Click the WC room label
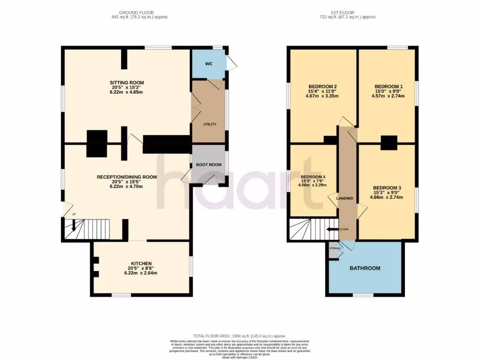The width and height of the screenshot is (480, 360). point(209,63)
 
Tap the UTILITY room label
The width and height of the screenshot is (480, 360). point(209,124)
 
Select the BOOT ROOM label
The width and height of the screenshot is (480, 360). point(209,165)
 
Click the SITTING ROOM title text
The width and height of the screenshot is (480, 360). point(127,82)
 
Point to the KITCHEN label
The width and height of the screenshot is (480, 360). point(141,263)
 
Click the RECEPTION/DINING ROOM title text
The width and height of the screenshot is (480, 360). point(127,177)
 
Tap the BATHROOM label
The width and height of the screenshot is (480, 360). point(365,268)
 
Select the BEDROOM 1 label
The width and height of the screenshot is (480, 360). point(388,87)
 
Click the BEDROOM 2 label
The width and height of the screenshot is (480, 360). point(323,86)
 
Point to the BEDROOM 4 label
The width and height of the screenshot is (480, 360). point(313,177)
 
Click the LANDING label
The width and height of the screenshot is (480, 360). point(345,198)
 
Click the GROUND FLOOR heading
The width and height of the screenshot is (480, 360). point(136,12)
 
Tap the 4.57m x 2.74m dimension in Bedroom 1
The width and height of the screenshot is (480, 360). point(388,96)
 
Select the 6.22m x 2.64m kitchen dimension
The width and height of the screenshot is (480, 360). point(141,273)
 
